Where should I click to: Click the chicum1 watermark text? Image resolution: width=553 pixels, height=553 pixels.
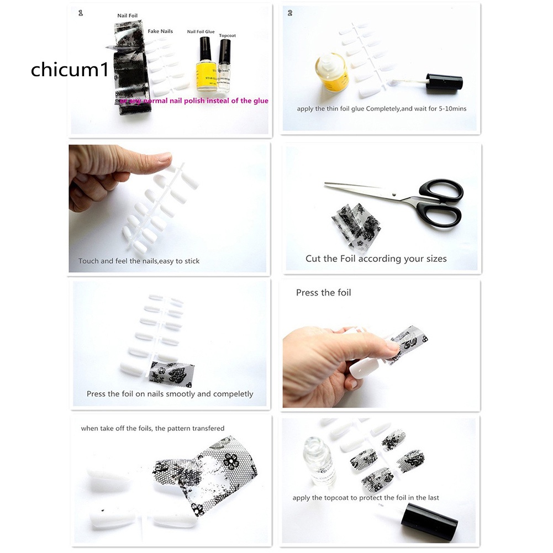tap(70, 70)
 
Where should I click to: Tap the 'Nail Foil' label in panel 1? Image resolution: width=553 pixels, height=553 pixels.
tap(127, 17)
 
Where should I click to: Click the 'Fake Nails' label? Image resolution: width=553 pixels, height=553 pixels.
tap(160, 31)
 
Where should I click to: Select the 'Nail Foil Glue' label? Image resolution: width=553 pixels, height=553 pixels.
tap(201, 32)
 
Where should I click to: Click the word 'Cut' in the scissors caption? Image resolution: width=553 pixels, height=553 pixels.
tap(313, 259)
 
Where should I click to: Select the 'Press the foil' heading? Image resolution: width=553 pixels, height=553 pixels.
tap(323, 293)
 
